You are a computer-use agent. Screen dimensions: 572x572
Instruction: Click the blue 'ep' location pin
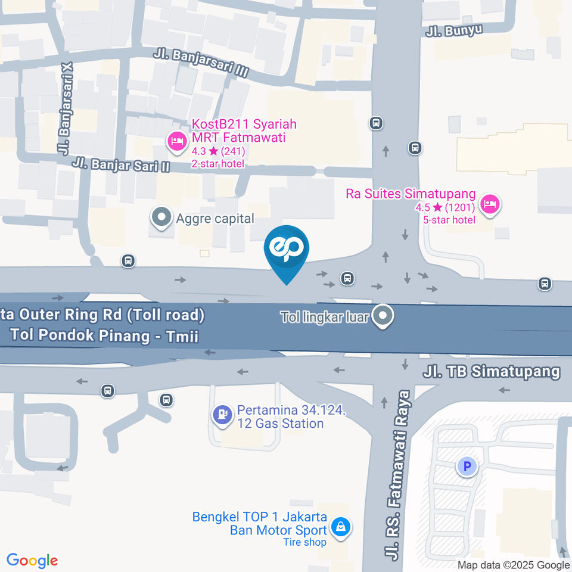pos(287,250)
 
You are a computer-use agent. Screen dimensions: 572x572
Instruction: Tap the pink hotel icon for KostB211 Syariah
pos(177,141)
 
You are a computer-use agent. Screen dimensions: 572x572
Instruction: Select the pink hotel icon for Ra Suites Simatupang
pos(490,204)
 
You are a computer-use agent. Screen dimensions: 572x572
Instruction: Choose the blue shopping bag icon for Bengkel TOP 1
pos(340,527)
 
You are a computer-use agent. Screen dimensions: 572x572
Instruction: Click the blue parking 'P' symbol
pos(467,466)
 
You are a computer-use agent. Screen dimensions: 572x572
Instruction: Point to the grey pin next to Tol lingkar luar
pos(383,316)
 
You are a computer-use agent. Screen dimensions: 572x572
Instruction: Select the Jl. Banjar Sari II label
pos(120,164)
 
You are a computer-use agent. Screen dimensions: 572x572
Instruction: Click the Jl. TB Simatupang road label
pos(492,372)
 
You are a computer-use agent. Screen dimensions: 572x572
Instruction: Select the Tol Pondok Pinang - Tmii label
pos(104,335)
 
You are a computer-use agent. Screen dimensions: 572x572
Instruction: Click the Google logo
pos(32,561)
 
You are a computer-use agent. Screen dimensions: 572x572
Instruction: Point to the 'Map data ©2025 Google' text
pos(514,565)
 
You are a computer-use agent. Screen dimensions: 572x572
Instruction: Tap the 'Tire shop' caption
pos(304,542)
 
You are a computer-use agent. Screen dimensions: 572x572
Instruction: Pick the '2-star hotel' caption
pos(217,163)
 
